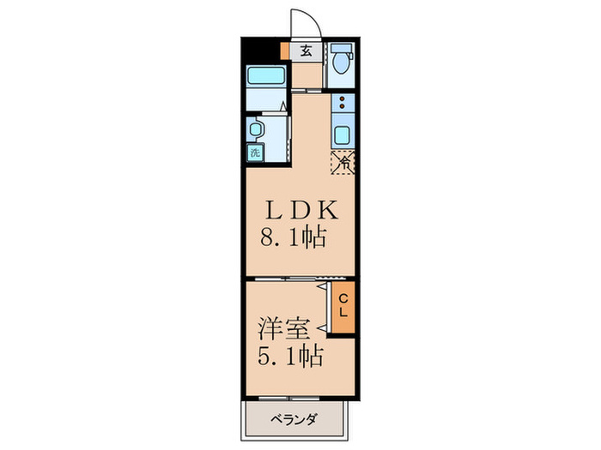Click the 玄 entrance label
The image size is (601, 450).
[306, 51]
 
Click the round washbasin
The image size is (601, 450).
[255, 129]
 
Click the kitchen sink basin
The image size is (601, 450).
[343, 135]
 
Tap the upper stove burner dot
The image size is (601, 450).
[343, 99]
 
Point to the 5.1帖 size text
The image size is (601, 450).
[290, 354]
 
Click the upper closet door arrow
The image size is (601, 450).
[321, 290]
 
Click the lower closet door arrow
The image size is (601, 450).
[321, 327]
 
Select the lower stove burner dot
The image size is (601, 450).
[343, 110]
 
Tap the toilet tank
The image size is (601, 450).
[342, 48]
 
